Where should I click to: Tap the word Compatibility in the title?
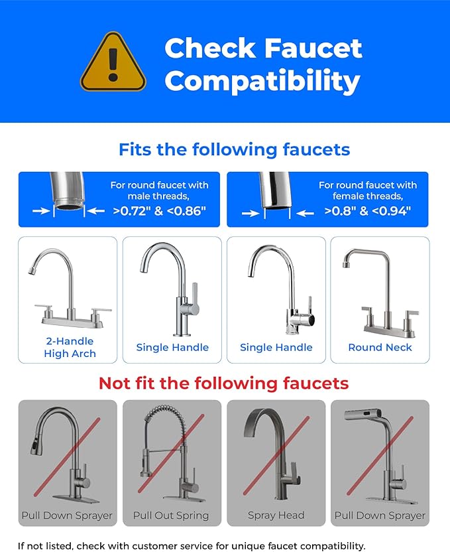tap(262, 82)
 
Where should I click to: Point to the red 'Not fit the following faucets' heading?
tap(223, 383)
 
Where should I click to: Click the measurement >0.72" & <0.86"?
tap(159, 211)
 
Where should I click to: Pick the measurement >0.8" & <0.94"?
tap(367, 211)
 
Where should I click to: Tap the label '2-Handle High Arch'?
tap(70, 347)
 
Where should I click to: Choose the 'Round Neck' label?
tap(380, 347)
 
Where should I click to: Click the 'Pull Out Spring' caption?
tap(171, 516)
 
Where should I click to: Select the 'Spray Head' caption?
tap(276, 516)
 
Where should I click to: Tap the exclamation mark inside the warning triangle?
tap(113, 63)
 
